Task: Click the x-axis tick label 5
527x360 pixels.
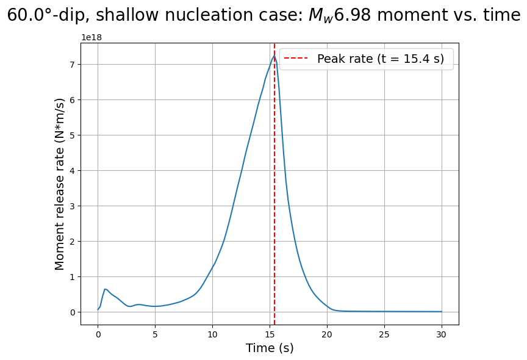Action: click(x=155, y=334)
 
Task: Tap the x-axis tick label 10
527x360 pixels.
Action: click(x=212, y=334)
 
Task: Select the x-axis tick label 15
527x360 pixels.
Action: click(x=270, y=334)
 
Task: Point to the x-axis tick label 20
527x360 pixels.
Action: click(x=327, y=334)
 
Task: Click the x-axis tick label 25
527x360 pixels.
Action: click(x=384, y=334)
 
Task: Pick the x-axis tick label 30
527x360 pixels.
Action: click(x=442, y=334)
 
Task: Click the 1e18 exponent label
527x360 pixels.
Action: click(x=91, y=37)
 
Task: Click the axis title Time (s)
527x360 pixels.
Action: click(x=270, y=348)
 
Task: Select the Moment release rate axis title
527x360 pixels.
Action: click(x=60, y=184)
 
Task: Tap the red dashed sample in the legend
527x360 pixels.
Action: click(x=296, y=59)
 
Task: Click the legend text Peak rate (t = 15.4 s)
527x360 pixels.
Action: click(x=381, y=59)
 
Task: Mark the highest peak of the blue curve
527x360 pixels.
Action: click(x=274, y=56)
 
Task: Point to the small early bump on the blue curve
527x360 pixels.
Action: click(x=105, y=289)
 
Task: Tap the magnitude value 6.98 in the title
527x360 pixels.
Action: click(x=353, y=15)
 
